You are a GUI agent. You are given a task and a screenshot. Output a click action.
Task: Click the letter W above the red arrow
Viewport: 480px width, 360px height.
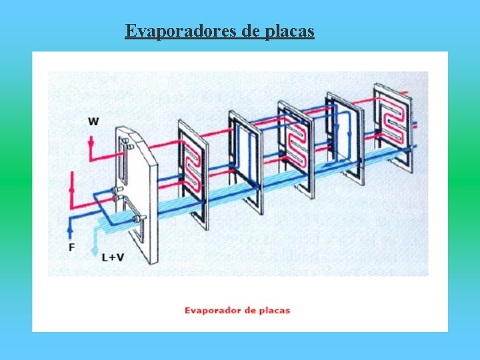pos(93,121)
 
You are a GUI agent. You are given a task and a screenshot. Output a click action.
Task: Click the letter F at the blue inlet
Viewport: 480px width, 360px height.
pos(71,247)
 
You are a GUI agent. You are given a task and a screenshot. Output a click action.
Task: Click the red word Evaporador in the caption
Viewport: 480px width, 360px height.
pos(213,311)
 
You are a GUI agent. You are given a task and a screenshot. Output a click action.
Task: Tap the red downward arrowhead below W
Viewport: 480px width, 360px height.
pos(91,142)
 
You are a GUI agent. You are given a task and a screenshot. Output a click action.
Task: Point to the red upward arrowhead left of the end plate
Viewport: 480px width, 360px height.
pos(71,189)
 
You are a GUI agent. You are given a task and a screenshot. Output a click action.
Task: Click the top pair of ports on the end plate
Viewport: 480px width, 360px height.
pos(129,143)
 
